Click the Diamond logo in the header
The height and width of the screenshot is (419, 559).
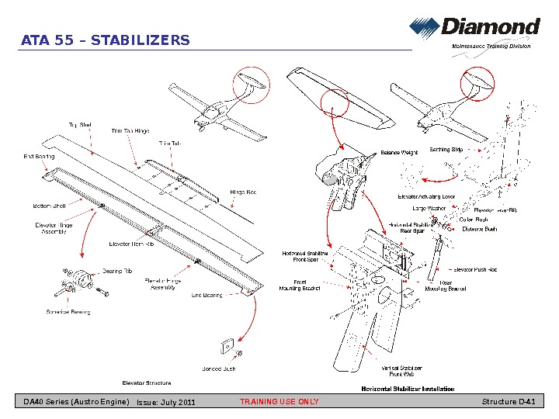pyautogui.click(x=475, y=29)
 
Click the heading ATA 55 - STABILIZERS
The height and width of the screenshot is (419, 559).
pyautogui.click(x=105, y=40)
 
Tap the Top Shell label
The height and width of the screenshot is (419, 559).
pyautogui.click(x=80, y=124)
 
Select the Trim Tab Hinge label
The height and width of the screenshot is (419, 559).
pyautogui.click(x=130, y=131)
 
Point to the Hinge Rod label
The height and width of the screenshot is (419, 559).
pyautogui.click(x=242, y=192)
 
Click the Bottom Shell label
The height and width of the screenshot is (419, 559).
pyautogui.click(x=48, y=206)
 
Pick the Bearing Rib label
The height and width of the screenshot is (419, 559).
pyautogui.click(x=117, y=271)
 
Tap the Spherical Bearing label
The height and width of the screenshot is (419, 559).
pyautogui.click(x=68, y=312)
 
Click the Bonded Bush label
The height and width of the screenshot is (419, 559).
pyautogui.click(x=218, y=369)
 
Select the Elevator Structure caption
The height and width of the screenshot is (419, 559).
pyautogui.click(x=147, y=383)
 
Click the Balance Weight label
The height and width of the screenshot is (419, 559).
pyautogui.click(x=399, y=153)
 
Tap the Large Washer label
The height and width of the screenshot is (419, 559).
pyautogui.click(x=429, y=208)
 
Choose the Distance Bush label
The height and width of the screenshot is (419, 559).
pyautogui.click(x=479, y=229)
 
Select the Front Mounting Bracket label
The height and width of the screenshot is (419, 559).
pyautogui.click(x=299, y=285)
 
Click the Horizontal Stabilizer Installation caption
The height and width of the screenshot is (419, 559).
pyautogui.click(x=408, y=388)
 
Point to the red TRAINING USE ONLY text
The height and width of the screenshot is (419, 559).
pyautogui.click(x=279, y=401)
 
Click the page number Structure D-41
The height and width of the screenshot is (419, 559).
pyautogui.click(x=508, y=401)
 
